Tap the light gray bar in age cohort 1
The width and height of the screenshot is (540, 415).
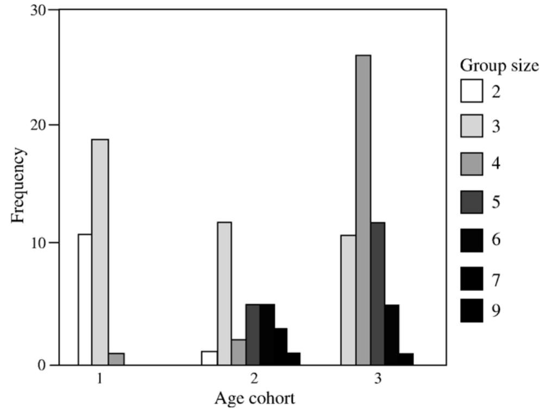point(100,252)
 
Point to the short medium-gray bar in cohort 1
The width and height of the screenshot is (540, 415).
point(116,359)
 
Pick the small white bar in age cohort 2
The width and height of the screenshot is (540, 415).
point(209,358)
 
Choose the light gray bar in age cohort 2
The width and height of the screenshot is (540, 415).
point(224,293)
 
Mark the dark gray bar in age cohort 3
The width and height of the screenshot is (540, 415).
point(378,293)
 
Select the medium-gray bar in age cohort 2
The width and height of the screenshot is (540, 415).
point(238,352)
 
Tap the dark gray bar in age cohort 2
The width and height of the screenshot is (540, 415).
point(253,335)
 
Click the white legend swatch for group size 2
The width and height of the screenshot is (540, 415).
point(471,91)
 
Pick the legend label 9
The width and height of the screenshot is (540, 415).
point(496,311)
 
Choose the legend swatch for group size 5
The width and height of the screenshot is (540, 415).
point(471,202)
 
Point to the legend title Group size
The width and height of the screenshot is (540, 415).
point(499,65)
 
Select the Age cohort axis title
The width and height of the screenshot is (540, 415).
point(254,398)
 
